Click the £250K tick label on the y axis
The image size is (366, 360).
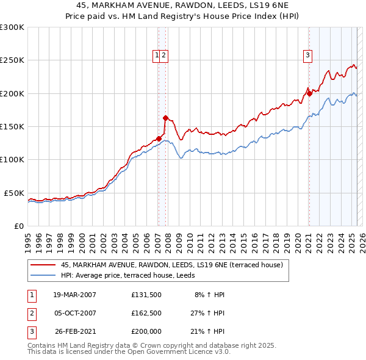[12, 60]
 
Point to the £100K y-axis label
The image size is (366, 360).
[12, 160]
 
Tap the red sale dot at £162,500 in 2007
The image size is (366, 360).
[165, 118]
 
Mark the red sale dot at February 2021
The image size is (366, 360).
[309, 93]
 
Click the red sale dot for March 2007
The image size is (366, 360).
[159, 139]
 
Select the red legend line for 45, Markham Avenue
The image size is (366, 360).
[43, 265]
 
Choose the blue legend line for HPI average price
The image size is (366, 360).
[43, 275]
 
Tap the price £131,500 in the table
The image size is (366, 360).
[146, 295]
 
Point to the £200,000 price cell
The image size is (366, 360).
[146, 331]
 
